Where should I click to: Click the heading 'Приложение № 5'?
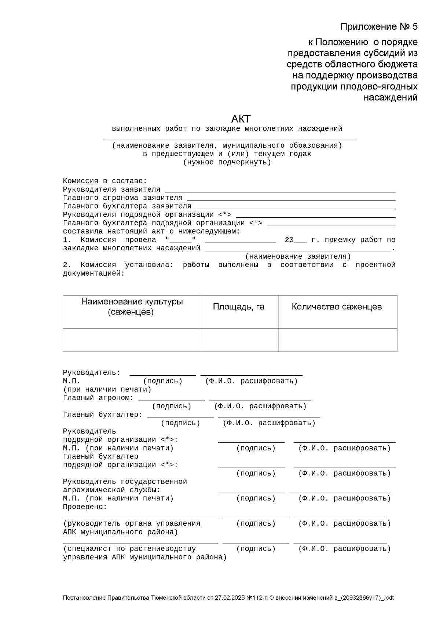[379, 27]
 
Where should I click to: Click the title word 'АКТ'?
[241, 119]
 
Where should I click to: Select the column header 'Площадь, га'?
[239, 307]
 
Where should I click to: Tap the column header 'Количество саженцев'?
[337, 307]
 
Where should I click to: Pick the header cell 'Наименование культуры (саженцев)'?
[132, 307]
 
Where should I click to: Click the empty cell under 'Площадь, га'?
[239, 340]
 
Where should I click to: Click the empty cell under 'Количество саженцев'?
[338, 340]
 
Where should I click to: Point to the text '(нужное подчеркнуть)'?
[227, 162]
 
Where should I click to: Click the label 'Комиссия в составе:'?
[105, 181]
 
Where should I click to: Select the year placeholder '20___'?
[295, 240]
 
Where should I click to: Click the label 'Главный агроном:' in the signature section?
[98, 398]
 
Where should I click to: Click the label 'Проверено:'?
[85, 507]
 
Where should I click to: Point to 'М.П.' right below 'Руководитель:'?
[71, 381]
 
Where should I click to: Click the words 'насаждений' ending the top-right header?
[390, 98]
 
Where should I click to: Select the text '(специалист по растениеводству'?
[129, 549]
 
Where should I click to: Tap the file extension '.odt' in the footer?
[389, 598]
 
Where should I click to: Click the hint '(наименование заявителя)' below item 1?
[298, 257]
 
